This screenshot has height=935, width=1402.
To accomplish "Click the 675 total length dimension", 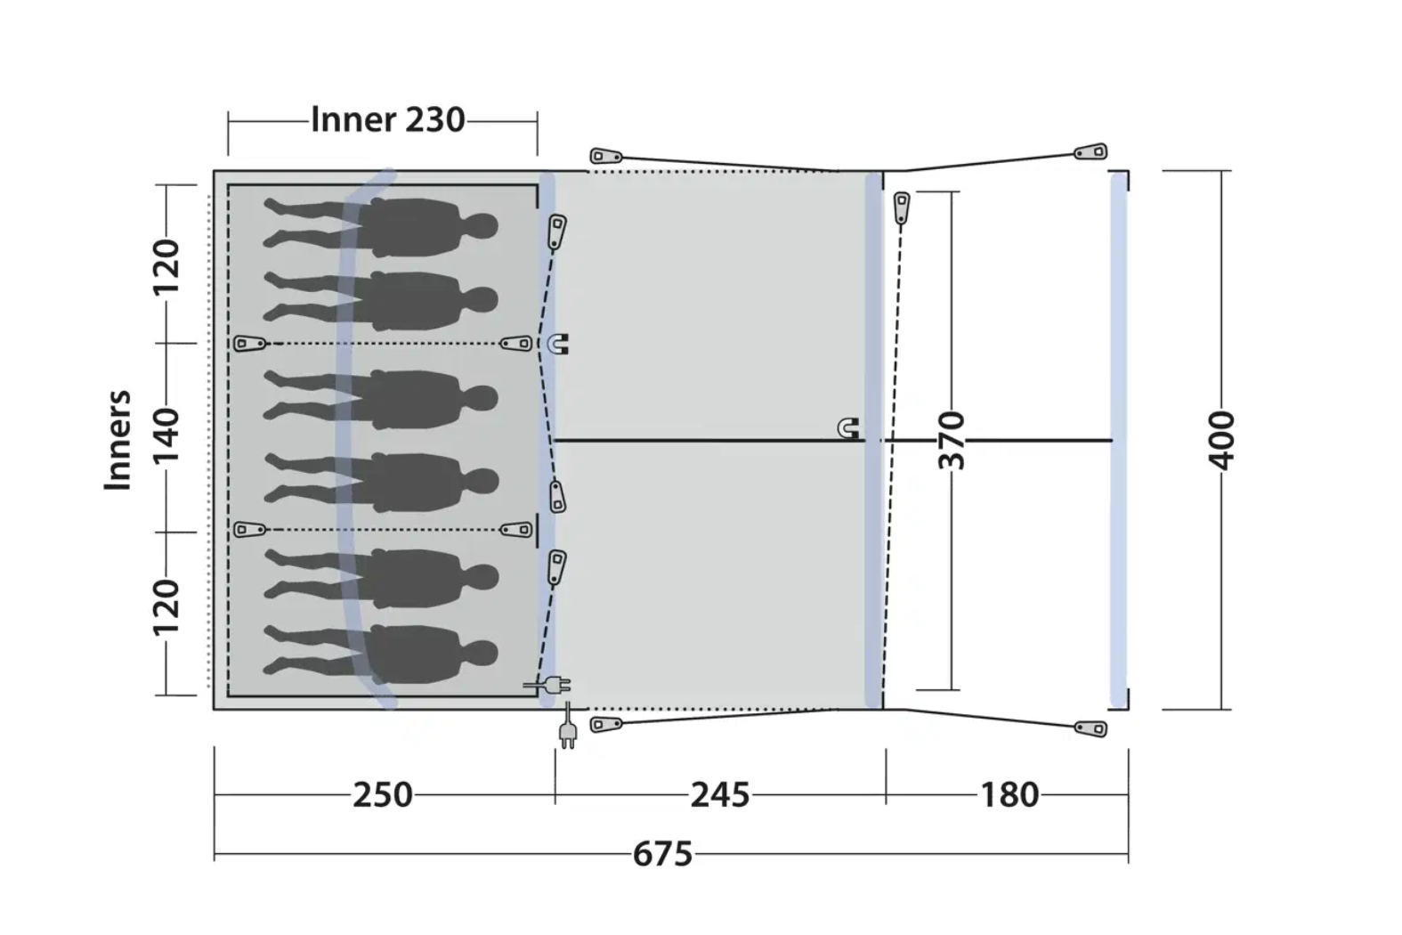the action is pos(662,854).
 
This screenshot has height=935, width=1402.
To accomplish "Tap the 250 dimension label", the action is pos(383,795).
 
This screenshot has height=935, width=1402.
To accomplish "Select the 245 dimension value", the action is pos(720,795).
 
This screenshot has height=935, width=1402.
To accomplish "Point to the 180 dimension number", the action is pos(1009,795).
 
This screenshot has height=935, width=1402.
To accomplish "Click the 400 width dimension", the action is pos(1220,440).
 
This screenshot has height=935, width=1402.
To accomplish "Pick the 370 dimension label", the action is pos(952,440).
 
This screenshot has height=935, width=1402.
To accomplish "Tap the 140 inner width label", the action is pos(166,435).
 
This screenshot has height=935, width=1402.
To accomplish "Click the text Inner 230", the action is pos(388,119).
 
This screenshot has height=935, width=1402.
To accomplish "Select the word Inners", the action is pos(118,440).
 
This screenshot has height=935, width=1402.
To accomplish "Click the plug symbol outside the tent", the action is pos(567,729).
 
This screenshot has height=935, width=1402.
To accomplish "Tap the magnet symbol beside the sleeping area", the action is pos(557,345).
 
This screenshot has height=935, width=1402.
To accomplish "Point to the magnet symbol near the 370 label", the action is pos(848,428).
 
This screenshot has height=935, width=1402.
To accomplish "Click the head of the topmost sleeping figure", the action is pos(480,227).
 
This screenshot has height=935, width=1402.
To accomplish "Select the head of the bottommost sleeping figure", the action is pos(480,654).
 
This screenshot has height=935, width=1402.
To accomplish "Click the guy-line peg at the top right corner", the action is pos(1090,152).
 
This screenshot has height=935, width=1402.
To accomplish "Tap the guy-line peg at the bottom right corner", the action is pos(1090,728).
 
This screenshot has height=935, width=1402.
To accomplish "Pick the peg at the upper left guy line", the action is pos(606,155).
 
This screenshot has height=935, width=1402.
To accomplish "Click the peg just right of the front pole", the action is pos(901,207).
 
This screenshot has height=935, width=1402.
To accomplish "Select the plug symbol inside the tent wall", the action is pos(547,685).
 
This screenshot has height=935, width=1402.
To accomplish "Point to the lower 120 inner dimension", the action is pos(166,607).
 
